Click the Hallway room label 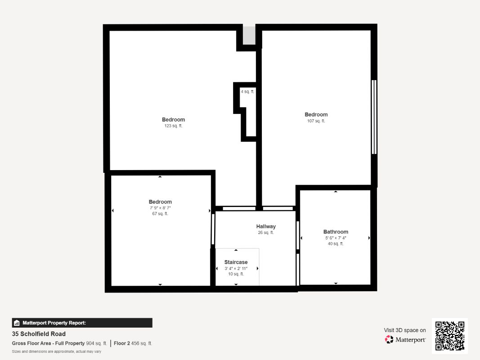tap(266, 226)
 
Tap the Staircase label tap(236, 262)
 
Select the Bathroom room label tap(336, 232)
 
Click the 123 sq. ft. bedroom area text tap(173, 126)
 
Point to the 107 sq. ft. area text tap(316, 121)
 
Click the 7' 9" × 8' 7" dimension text tap(160, 208)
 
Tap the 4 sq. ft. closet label tap(247, 91)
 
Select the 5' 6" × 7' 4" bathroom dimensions tap(336, 238)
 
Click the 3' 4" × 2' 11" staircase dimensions tap(236, 269)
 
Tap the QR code tap(450, 336)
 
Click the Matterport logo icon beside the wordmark tap(389, 339)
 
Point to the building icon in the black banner tap(17, 323)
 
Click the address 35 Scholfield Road tap(39, 333)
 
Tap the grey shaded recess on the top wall tap(249, 36)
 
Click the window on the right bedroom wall tap(374, 117)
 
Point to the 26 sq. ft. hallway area tap(266, 233)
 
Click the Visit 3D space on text tap(405, 330)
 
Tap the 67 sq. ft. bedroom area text tap(160, 214)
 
